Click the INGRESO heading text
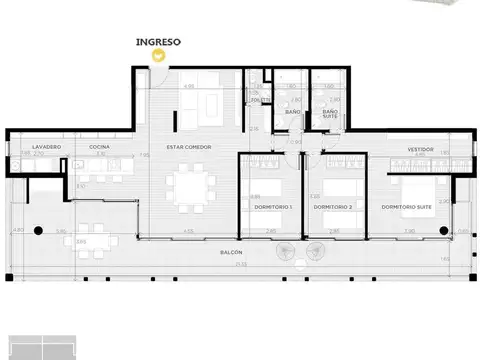pos(157,43)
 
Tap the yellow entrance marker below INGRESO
pos(157,56)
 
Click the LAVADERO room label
pos(47,147)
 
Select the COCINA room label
pos(98,147)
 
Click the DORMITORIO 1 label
pos(271,206)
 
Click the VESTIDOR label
pos(420,149)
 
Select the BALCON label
pos(232,252)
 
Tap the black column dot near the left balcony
pos(38,231)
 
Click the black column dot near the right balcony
pos(443,231)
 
